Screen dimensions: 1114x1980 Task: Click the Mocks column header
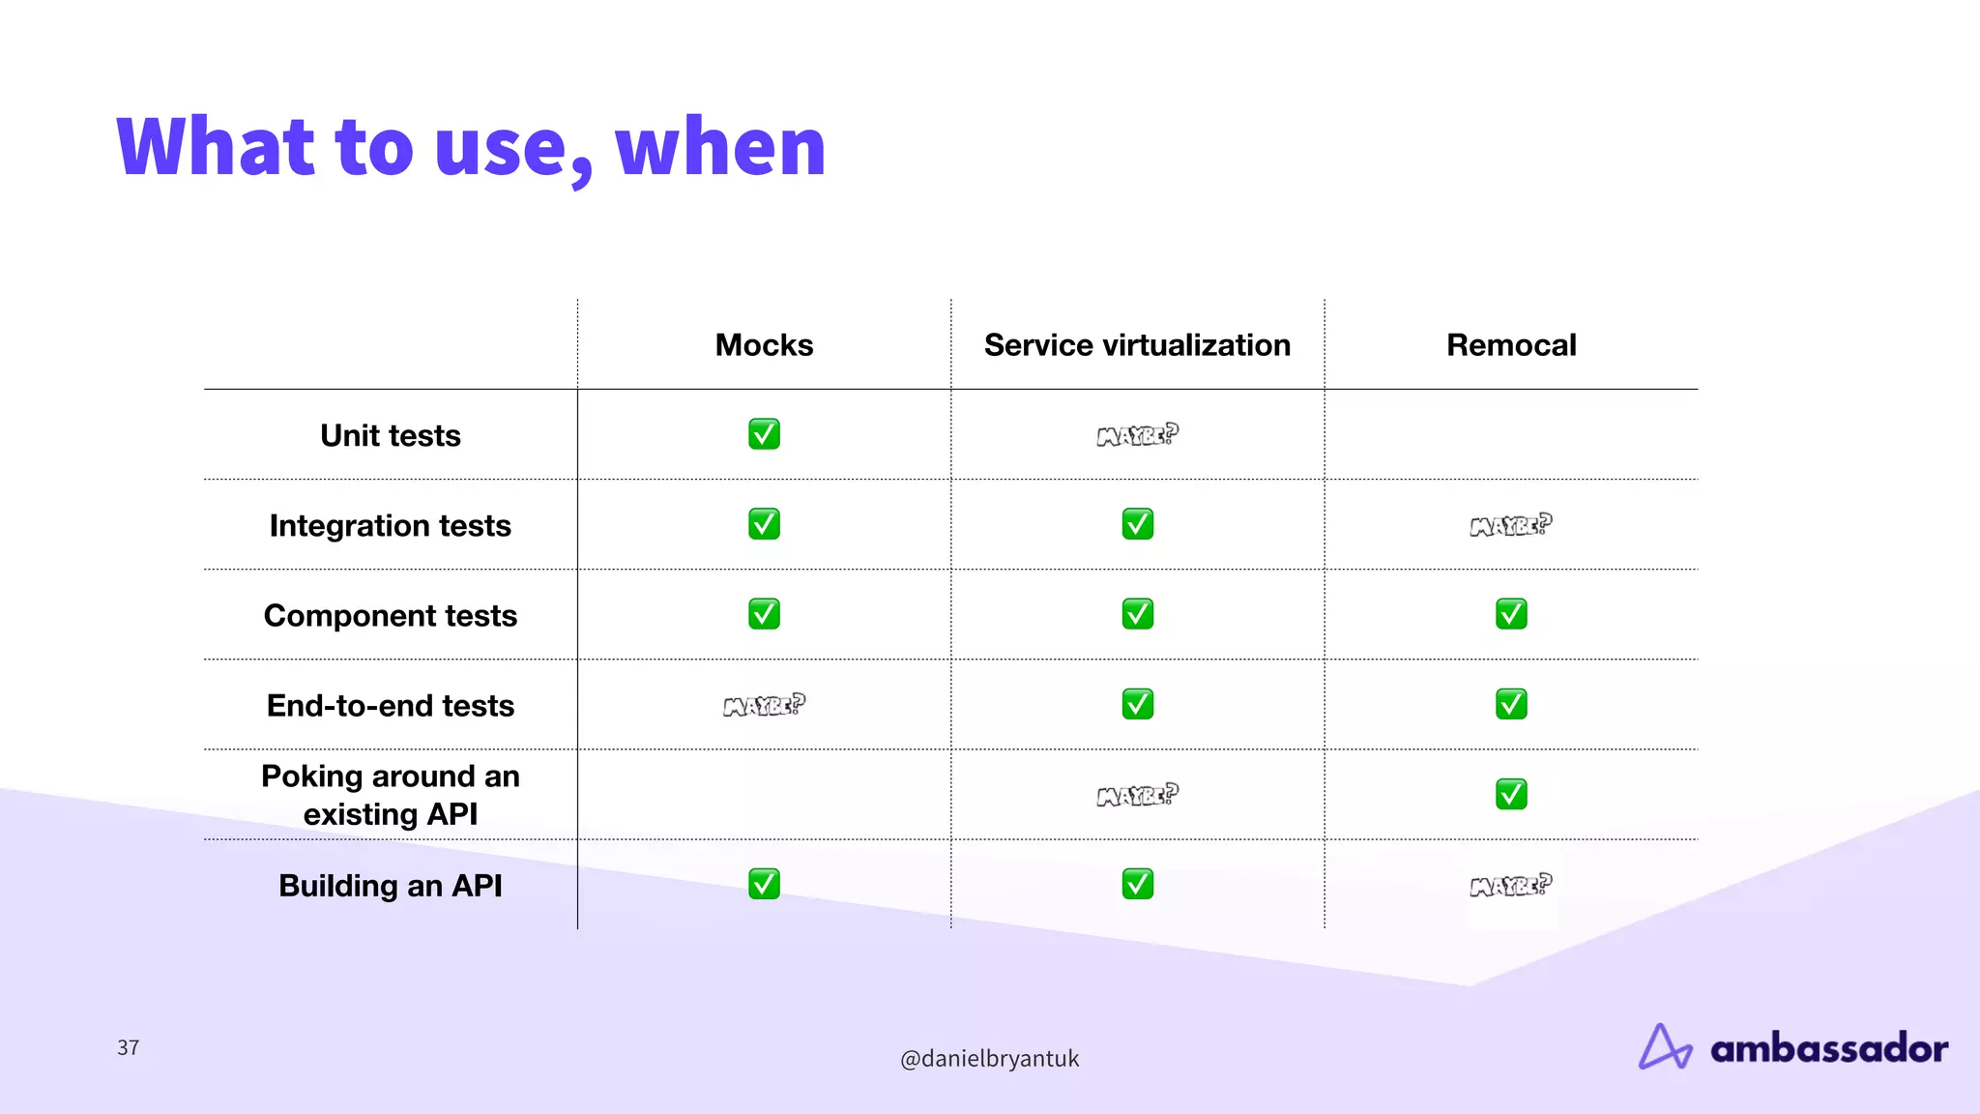point(764,345)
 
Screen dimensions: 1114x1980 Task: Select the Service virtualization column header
point(1137,345)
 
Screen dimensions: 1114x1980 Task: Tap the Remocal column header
point(1510,345)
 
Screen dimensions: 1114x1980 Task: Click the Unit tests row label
point(390,435)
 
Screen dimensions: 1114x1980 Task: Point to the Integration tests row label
point(390,525)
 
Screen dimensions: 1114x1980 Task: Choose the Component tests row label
point(390,615)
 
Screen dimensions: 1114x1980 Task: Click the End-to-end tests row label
point(390,705)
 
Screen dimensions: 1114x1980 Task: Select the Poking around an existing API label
point(390,795)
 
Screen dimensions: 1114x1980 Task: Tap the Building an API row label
point(390,885)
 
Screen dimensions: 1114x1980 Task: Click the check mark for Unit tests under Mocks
point(764,434)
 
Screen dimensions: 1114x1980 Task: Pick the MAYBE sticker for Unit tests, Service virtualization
point(1137,435)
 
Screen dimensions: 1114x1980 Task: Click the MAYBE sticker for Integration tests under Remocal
point(1510,525)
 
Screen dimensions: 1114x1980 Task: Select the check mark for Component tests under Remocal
point(1511,614)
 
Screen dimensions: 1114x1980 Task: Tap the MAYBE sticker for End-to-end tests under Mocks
point(764,705)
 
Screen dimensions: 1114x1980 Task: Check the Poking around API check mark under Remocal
point(1511,794)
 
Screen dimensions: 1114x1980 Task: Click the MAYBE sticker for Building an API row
point(1510,885)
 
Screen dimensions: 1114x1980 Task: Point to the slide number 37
point(128,1047)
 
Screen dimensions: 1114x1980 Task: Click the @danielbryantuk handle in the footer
point(989,1058)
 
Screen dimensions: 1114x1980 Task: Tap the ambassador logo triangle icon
point(1664,1047)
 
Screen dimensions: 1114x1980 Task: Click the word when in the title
point(720,147)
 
